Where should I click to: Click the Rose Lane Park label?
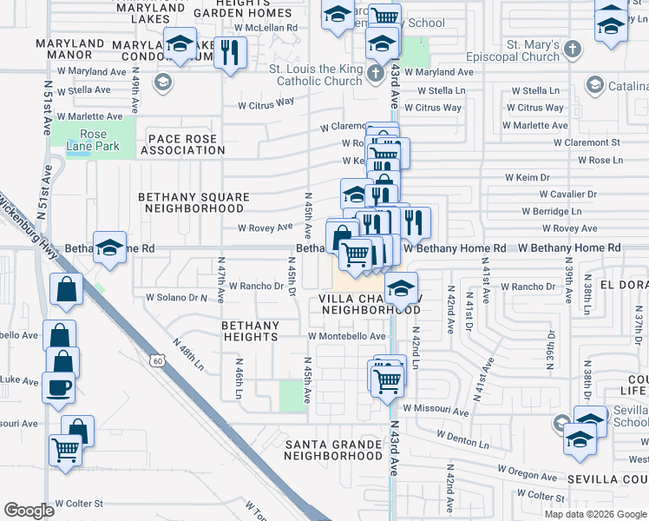[93, 140]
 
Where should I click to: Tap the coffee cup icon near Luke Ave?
[59, 387]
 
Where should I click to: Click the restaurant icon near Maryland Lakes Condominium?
[229, 53]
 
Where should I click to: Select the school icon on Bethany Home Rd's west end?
[110, 247]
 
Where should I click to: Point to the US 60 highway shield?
[157, 359]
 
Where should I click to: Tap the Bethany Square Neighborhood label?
[194, 202]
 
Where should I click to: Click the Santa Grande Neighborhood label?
[334, 450]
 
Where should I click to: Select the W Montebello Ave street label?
[346, 336]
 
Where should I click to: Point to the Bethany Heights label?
[250, 330]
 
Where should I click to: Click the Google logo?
[29, 511]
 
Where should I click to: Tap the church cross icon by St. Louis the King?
[375, 72]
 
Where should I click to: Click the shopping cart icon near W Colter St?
[65, 449]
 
